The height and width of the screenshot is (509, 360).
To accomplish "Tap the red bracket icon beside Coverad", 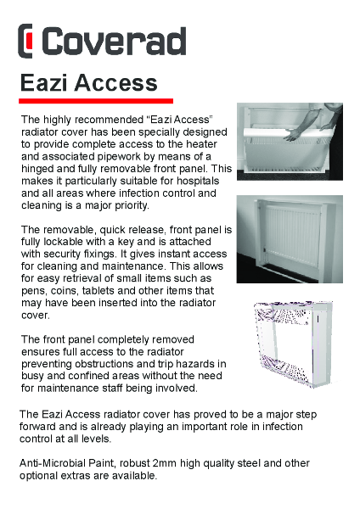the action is pyautogui.click(x=27, y=41).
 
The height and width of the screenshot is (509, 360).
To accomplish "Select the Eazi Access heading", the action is pyautogui.click(x=89, y=83).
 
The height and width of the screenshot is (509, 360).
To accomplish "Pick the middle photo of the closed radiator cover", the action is pyautogui.click(x=290, y=238).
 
